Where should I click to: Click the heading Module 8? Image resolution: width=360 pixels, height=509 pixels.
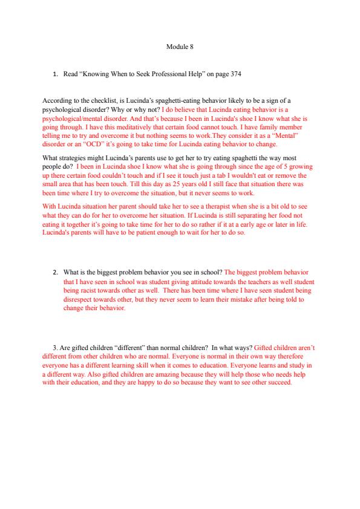pyautogui.click(x=179, y=46)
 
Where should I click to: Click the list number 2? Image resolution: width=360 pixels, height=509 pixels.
pyautogui.click(x=56, y=272)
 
